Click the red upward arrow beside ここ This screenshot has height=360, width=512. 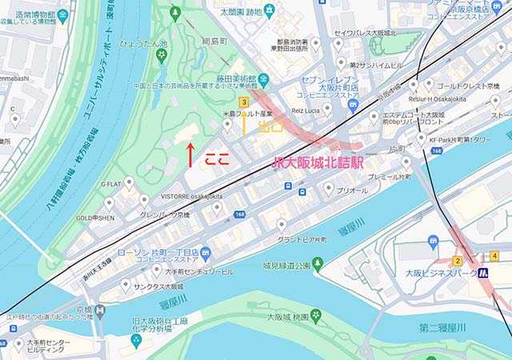(190, 154)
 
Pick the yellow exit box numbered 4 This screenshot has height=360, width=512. (495, 256)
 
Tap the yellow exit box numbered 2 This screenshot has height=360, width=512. (458, 261)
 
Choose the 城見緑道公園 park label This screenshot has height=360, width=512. (281, 265)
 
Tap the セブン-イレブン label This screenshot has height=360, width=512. (330, 82)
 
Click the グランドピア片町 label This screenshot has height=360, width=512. (305, 238)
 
